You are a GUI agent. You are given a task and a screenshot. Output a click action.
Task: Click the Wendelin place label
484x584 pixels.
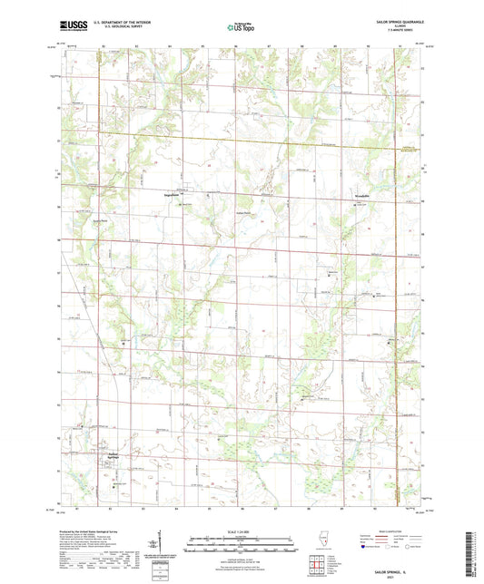pyautogui.click(x=353, y=196)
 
